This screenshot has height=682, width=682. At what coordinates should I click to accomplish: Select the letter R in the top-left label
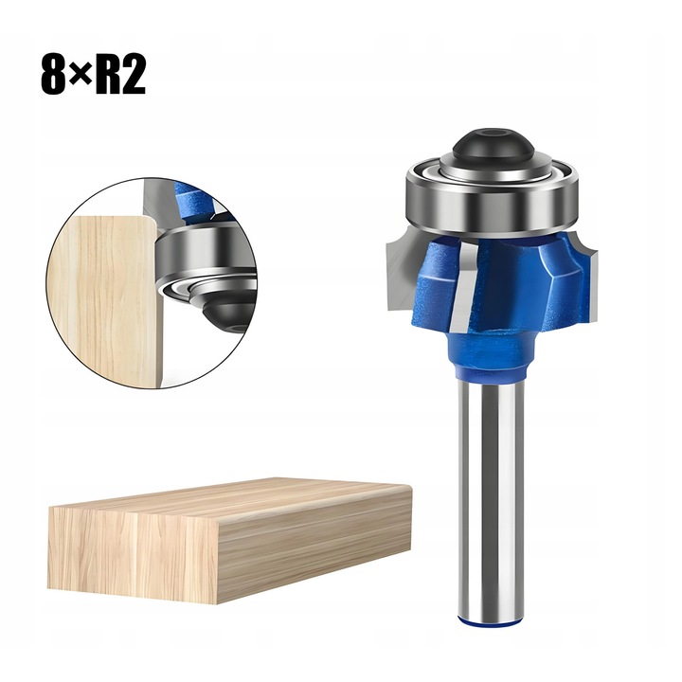[x=107, y=75]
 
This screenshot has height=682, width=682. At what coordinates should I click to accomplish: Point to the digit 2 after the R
[x=134, y=75]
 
